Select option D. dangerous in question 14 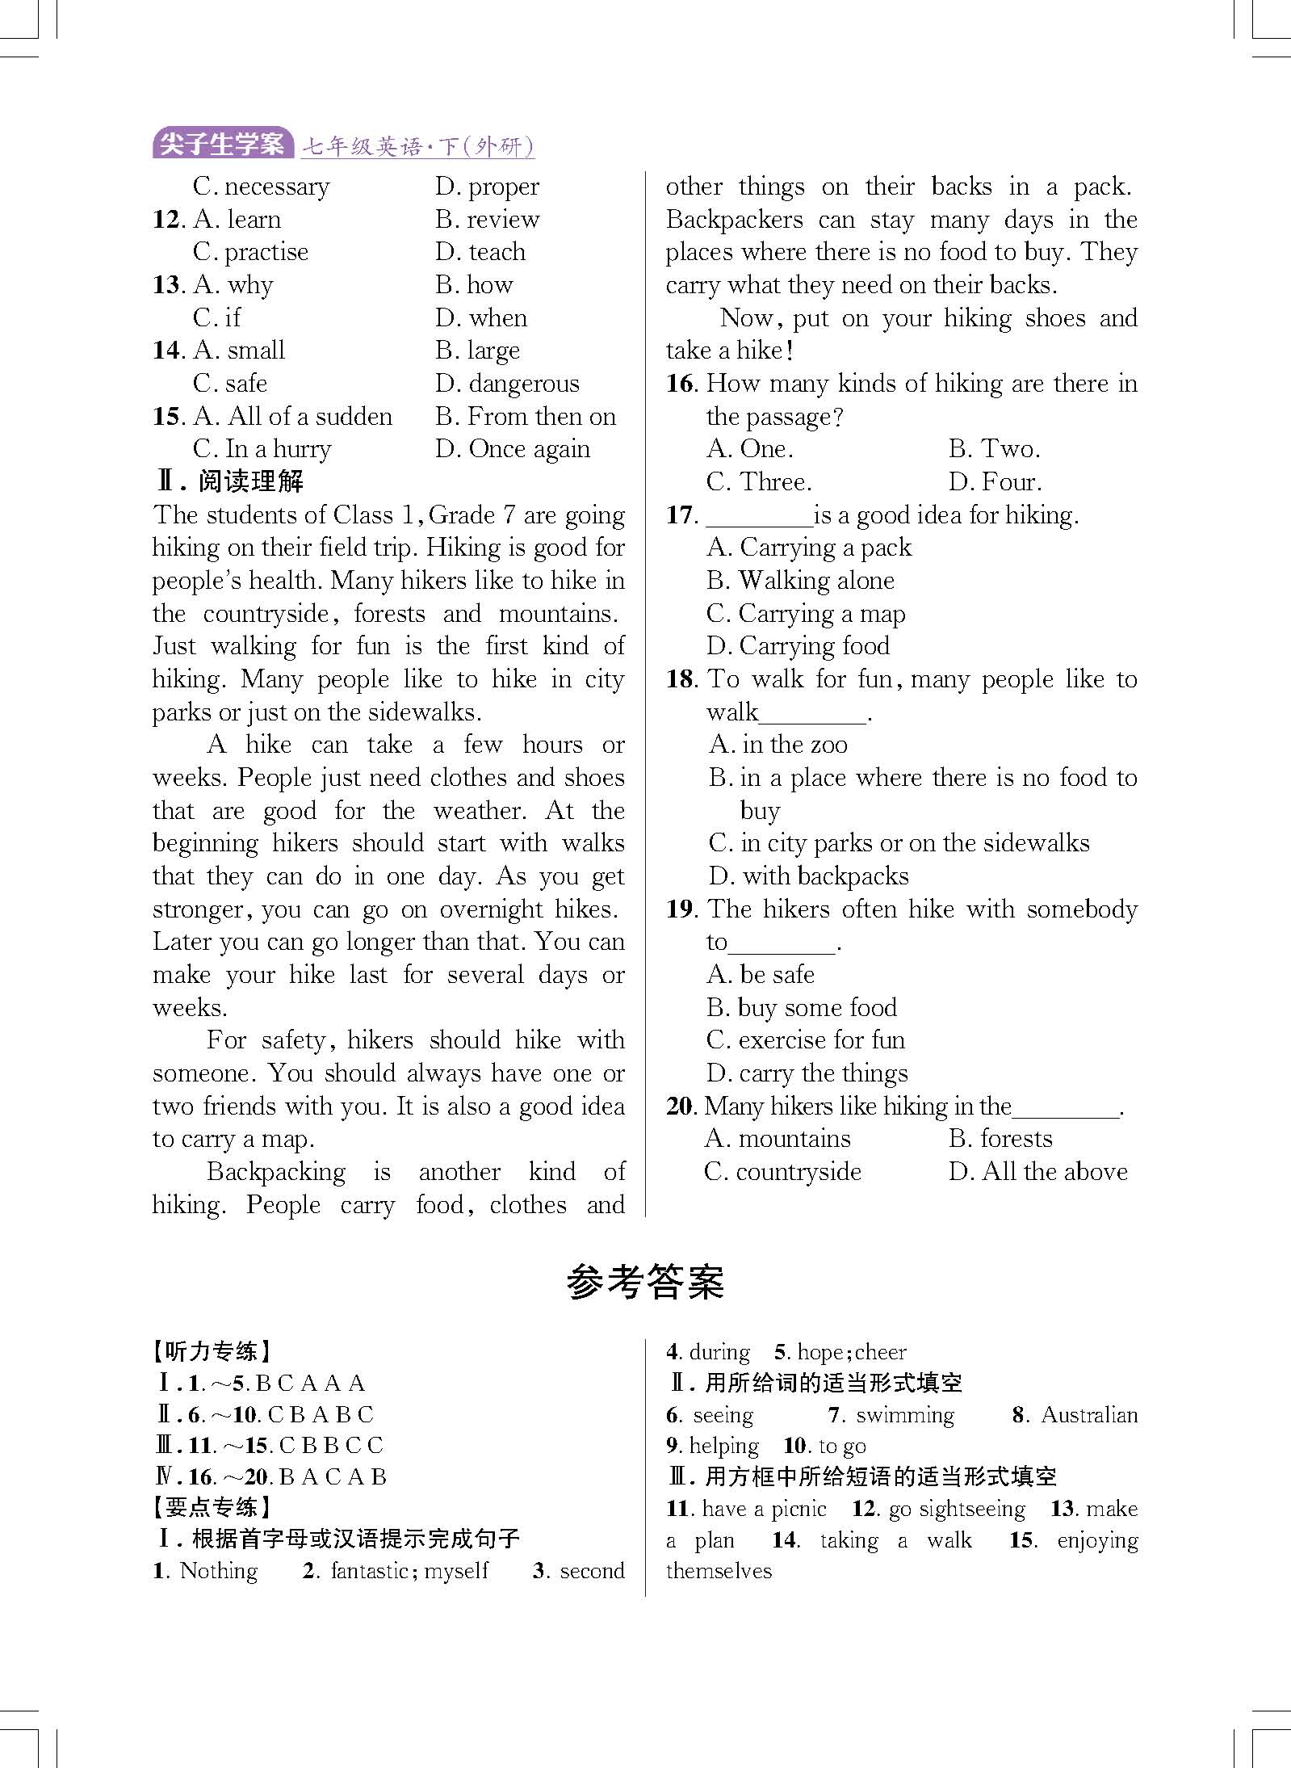coord(507,383)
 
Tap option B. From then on coord(525,416)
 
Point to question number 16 coord(681,384)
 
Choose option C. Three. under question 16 coord(759,482)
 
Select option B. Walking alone coord(800,581)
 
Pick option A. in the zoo coord(778,745)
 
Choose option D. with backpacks coord(808,876)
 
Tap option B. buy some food coord(802,1007)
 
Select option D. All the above coord(1038,1172)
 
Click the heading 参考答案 coord(645,1283)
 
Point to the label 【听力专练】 coord(212,1351)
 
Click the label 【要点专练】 coord(212,1507)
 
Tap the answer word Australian coord(1088,1415)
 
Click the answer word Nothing coord(218,1571)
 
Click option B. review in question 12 coord(488,219)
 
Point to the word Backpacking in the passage coord(276,1172)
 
